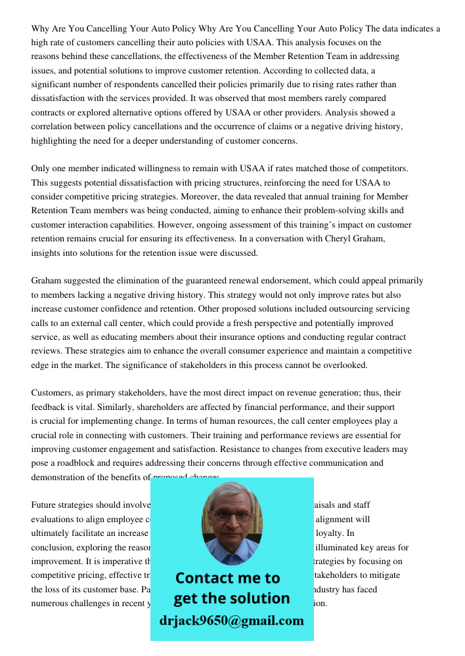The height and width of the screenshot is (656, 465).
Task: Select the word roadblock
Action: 81,463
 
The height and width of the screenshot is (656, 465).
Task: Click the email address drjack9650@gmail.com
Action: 231,621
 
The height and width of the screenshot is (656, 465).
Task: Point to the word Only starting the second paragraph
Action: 41,169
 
